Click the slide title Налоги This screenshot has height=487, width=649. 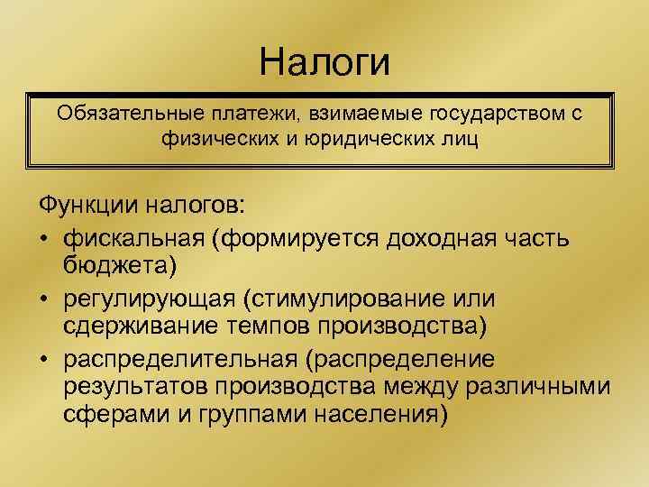tap(324, 61)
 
